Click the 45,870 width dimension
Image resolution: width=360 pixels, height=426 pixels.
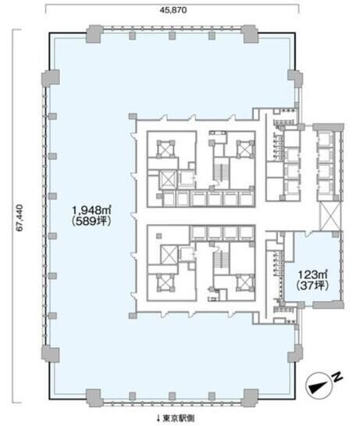[x=173, y=10]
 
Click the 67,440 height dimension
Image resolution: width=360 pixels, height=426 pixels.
[x=20, y=217]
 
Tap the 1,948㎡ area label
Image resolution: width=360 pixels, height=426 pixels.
[x=91, y=209]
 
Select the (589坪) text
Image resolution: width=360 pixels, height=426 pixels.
[x=91, y=221]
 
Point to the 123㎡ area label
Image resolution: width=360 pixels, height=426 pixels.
[x=312, y=274]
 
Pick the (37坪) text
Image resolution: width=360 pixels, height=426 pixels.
[x=312, y=285]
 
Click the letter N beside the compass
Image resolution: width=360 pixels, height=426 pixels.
[x=337, y=377]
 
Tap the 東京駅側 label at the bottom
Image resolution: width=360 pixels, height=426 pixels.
[x=178, y=418]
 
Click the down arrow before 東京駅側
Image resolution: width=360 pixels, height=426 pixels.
[x=159, y=418]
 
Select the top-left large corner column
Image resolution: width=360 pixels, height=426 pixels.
[x=94, y=34]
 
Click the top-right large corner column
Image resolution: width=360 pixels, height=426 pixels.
[x=250, y=34]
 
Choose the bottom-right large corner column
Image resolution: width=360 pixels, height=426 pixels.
[x=250, y=398]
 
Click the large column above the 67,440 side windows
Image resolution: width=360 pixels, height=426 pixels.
[x=51, y=78]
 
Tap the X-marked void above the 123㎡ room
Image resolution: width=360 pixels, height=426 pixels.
[x=330, y=217]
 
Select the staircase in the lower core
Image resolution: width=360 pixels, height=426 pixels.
[x=219, y=260]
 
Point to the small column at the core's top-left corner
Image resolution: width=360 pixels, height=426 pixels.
[x=133, y=116]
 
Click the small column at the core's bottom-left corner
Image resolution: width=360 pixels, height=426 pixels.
[x=133, y=316]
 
